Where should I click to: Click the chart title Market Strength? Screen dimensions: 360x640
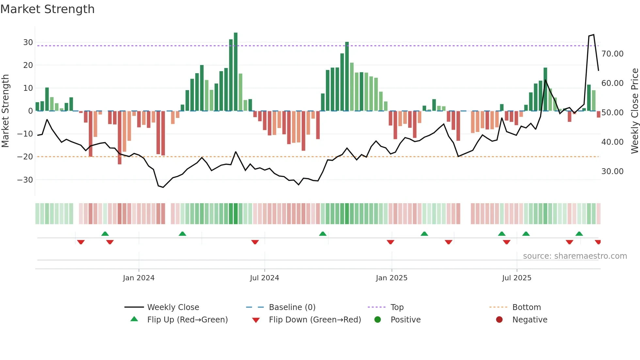[x=47, y=9]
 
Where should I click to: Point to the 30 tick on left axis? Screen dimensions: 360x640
[x=28, y=42]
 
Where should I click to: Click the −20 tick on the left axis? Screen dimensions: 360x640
[x=25, y=157]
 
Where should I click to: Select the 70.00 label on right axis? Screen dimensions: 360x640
[x=612, y=54]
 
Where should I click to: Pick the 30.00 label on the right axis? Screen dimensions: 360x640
[x=612, y=172]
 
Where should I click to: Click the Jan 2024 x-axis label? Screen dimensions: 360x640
[x=138, y=278]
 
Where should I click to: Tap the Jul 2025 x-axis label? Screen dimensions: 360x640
[x=517, y=278]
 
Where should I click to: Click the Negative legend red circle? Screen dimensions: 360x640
[x=499, y=319]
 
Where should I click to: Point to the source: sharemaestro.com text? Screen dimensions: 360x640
[x=575, y=256]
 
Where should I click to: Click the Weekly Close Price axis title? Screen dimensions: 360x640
[x=634, y=111]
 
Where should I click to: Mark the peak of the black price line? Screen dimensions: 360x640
[x=593, y=35]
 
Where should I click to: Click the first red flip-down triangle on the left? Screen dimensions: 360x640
[x=81, y=242]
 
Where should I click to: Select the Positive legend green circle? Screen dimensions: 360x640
[x=377, y=319]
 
